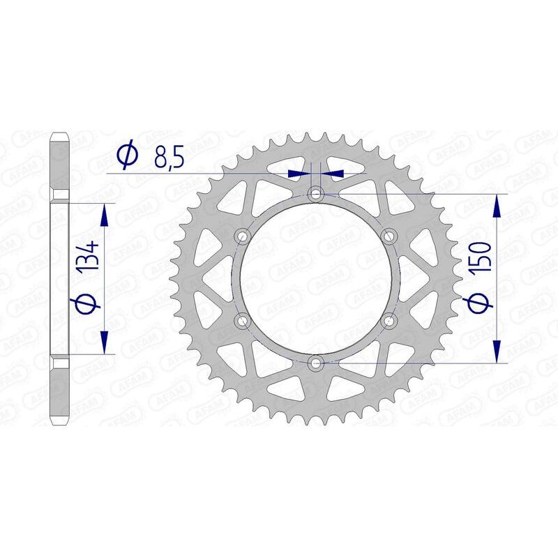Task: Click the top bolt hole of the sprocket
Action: (316, 193)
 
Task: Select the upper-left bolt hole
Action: (243, 236)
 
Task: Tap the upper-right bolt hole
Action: (389, 236)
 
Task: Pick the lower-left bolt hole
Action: (243, 320)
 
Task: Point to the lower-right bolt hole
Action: (389, 320)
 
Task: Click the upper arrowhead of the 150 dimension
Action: (497, 204)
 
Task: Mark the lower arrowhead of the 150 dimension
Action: (497, 352)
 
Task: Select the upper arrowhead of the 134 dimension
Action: (104, 215)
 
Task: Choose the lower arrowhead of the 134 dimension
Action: (104, 342)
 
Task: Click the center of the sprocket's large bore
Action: (316, 278)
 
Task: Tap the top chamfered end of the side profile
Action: (60, 134)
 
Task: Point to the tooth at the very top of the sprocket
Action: (316, 131)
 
